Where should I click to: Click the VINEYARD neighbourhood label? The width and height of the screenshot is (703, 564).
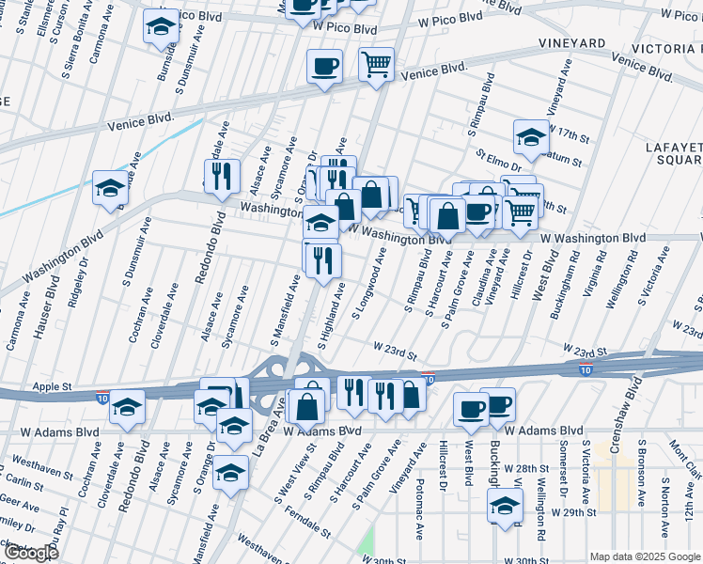[571, 44]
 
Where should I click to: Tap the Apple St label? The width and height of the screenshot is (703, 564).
[53, 386]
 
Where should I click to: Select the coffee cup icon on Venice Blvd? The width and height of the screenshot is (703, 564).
[324, 67]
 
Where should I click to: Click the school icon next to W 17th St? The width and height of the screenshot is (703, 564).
[531, 137]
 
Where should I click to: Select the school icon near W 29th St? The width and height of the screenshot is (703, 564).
[505, 506]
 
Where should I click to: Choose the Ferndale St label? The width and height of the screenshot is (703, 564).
[310, 518]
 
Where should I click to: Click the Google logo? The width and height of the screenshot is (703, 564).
[30, 553]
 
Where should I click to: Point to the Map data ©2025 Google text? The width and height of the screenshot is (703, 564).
[645, 556]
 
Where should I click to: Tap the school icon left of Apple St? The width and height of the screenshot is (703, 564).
[127, 408]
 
